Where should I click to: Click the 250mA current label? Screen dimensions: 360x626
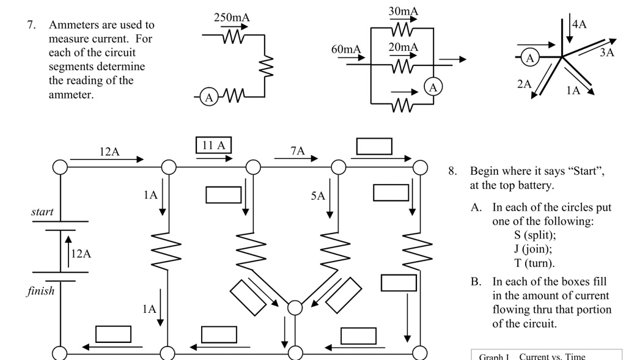tap(232, 18)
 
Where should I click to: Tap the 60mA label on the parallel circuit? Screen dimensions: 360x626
tap(346, 49)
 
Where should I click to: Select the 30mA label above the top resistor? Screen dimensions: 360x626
tap(403, 12)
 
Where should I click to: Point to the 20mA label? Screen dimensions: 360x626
tap(403, 47)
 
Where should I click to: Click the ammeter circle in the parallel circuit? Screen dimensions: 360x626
tap(433, 87)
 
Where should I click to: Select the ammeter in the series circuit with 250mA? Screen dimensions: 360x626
tap(208, 97)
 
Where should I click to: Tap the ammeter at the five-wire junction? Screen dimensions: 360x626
tap(530, 58)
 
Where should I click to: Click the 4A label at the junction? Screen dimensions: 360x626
tap(579, 24)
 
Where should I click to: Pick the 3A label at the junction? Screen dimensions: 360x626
tap(606, 53)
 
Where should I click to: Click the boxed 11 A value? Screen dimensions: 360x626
tap(213, 145)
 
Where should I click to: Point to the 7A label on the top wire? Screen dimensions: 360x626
tap(297, 151)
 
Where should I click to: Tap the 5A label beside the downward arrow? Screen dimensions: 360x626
tap(318, 196)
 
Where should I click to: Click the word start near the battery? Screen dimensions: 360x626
tap(42, 212)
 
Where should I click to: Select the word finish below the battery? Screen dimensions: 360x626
tap(40, 291)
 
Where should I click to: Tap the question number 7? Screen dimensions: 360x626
tap(31, 25)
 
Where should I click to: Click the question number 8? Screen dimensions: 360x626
tap(452, 171)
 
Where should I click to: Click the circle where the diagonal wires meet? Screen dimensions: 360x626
tap(295, 307)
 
